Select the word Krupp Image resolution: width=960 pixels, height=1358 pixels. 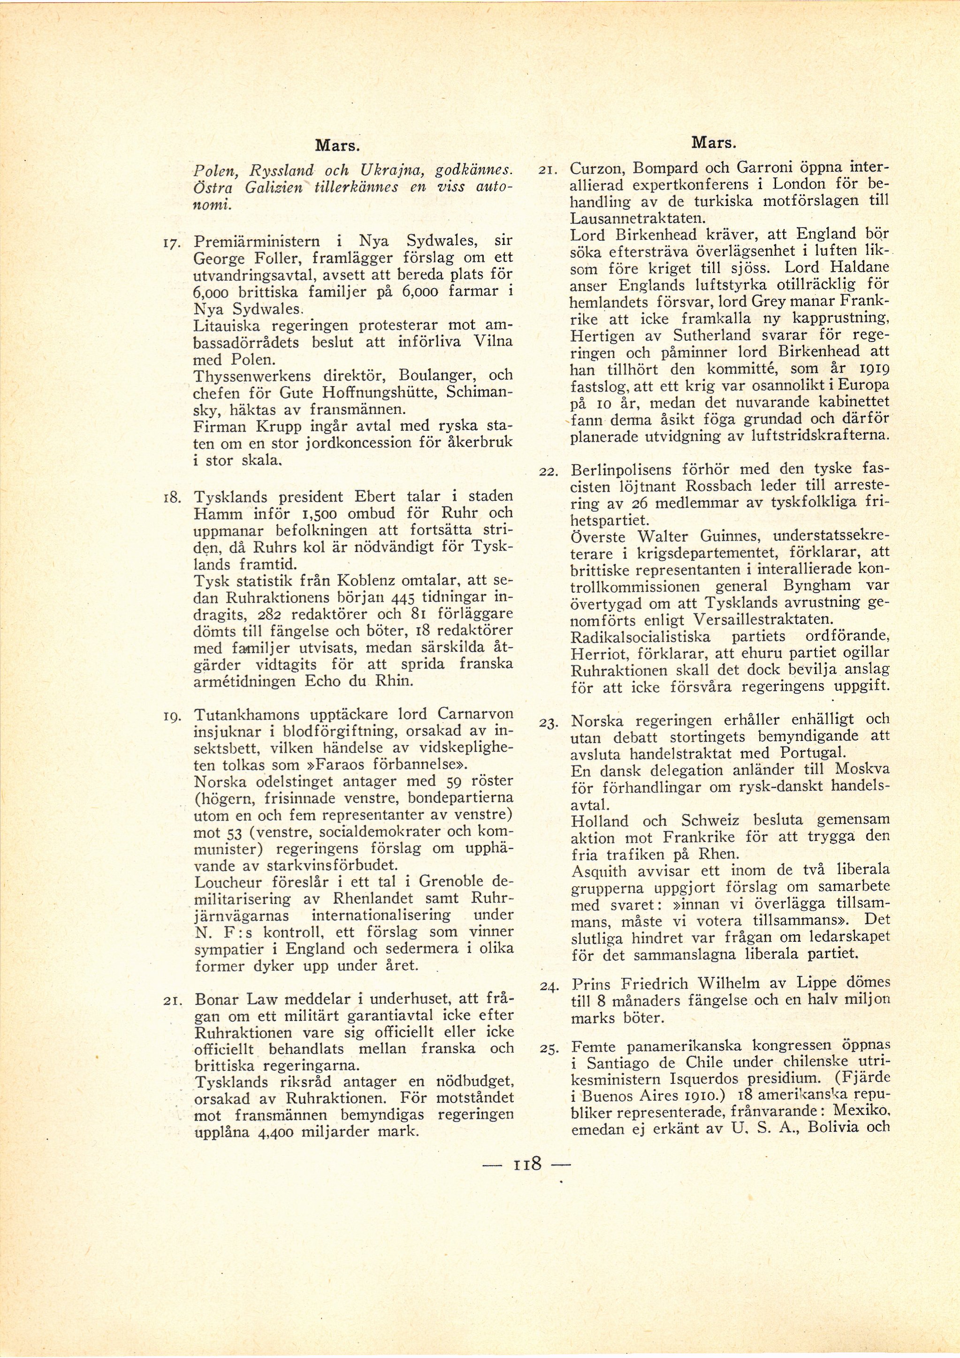(257, 427)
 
